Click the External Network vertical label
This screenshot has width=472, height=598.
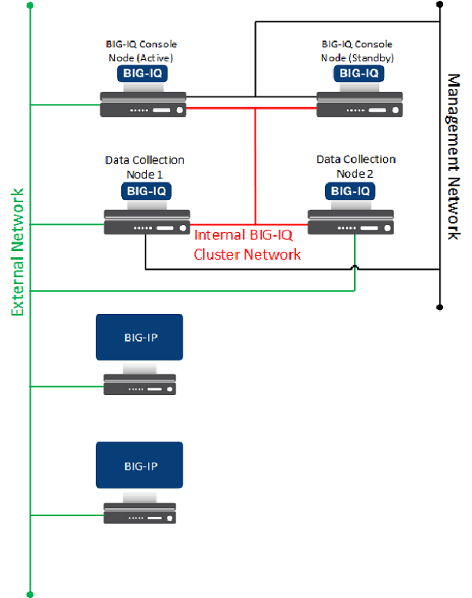(x=18, y=253)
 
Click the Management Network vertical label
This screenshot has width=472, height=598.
(x=454, y=157)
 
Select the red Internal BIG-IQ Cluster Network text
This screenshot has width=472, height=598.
(x=247, y=244)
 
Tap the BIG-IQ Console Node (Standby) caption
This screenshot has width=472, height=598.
(x=357, y=50)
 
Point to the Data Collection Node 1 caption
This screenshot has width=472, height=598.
(x=145, y=167)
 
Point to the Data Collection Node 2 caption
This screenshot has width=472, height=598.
(x=356, y=166)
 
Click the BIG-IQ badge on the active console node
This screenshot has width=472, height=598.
(x=142, y=74)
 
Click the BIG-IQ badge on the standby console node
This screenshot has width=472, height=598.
(x=359, y=74)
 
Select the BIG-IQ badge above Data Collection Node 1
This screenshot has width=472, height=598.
(x=146, y=190)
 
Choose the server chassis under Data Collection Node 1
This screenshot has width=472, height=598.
(x=147, y=223)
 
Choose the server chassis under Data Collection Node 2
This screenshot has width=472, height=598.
(x=351, y=222)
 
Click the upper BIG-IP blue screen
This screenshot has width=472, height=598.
(x=139, y=338)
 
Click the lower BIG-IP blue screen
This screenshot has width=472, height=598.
(x=140, y=466)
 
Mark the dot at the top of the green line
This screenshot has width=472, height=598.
(x=30, y=6)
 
